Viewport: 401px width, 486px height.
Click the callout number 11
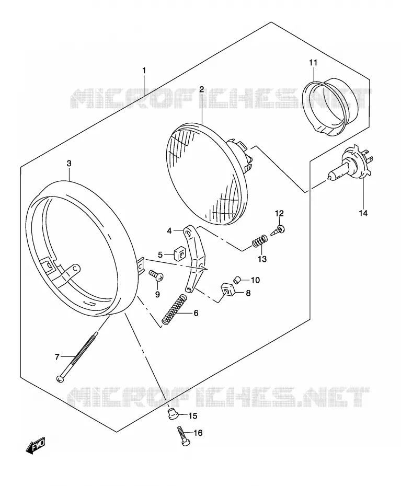[x=313, y=63]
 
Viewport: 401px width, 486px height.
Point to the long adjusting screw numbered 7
[x=77, y=356]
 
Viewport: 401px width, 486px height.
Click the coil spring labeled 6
[x=175, y=309]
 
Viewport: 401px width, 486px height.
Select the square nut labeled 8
[x=227, y=291]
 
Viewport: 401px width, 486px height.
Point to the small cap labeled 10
[x=237, y=279]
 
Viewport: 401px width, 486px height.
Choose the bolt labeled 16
[x=183, y=437]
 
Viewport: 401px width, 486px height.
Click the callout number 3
[x=69, y=164]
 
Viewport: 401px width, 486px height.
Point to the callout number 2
[x=202, y=89]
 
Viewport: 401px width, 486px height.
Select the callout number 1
[x=144, y=71]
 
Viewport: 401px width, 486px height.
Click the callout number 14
[x=363, y=213]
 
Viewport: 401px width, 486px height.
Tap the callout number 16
[x=198, y=433]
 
